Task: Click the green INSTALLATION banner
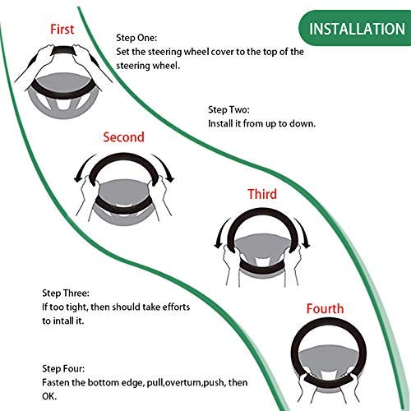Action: pyautogui.click(x=354, y=28)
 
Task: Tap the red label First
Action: pyautogui.click(x=62, y=30)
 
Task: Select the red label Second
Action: pyautogui.click(x=123, y=137)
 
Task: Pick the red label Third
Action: pyautogui.click(x=262, y=194)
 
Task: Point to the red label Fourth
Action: pyautogui.click(x=325, y=309)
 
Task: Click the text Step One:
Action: pyautogui.click(x=136, y=38)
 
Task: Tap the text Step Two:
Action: pyautogui.click(x=229, y=110)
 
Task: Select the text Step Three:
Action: pyautogui.click(x=66, y=293)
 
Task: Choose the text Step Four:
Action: pyautogui.click(x=63, y=368)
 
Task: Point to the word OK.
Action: pyautogui.click(x=49, y=396)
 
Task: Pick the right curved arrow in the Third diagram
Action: pyautogui.click(x=303, y=232)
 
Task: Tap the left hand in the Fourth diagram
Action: pyautogui.click(x=303, y=386)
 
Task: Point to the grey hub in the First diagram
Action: pyautogui.click(x=63, y=82)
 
